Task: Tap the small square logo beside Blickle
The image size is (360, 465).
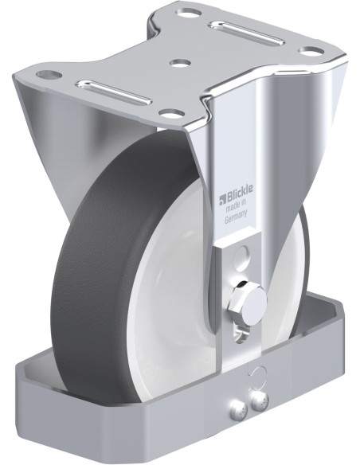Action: click(223, 200)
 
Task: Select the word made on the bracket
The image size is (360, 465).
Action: click(233, 208)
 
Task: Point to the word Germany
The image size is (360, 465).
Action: click(236, 219)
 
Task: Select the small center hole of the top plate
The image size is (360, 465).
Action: click(180, 63)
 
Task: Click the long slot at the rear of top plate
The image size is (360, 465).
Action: click(247, 33)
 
